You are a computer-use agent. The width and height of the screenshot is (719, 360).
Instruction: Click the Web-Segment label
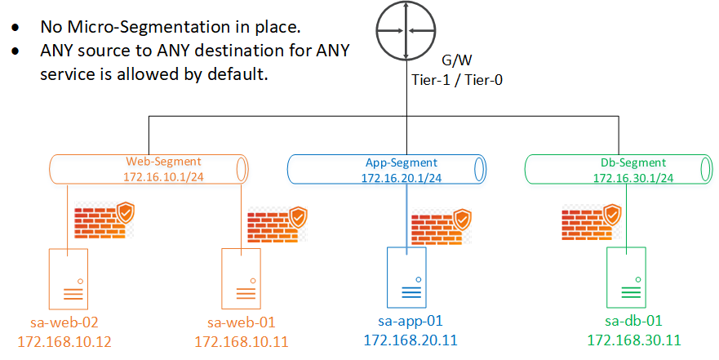coord(163,162)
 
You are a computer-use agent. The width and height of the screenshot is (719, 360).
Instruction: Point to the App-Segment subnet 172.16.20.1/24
coord(402,177)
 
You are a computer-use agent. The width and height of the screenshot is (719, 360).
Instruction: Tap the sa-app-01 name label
coord(411,321)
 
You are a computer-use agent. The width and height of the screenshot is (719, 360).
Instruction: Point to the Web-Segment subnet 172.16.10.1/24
coord(163,176)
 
